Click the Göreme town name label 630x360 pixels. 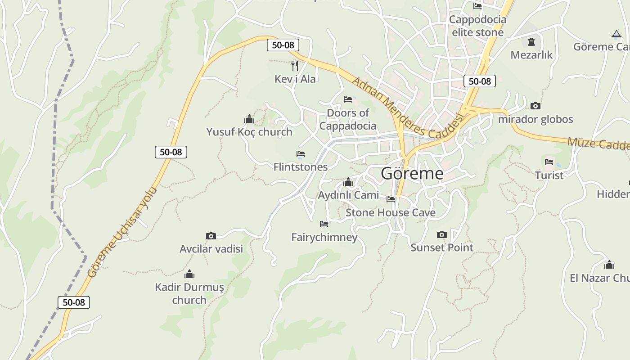[x=412, y=174]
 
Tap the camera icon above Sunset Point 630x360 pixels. [x=442, y=234]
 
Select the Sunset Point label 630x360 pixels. [x=442, y=247]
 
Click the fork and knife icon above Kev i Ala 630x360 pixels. [x=295, y=66]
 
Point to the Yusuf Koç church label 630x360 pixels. [x=249, y=132]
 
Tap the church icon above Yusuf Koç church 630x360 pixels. [x=249, y=119]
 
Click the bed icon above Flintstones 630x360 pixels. [x=301, y=154]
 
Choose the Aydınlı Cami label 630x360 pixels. [x=348, y=195]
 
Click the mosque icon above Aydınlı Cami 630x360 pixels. [x=348, y=182]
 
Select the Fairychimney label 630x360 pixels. [x=324, y=237]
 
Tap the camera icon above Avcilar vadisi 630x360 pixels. [x=211, y=236]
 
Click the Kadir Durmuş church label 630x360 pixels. [x=189, y=293]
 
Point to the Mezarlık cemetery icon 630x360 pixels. [x=531, y=42]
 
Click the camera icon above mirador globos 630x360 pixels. [x=535, y=106]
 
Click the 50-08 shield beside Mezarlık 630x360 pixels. [x=479, y=81]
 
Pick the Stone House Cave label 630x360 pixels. [x=390, y=212]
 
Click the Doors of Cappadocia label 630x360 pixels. [x=347, y=119]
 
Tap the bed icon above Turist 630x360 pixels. [x=549, y=162]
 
